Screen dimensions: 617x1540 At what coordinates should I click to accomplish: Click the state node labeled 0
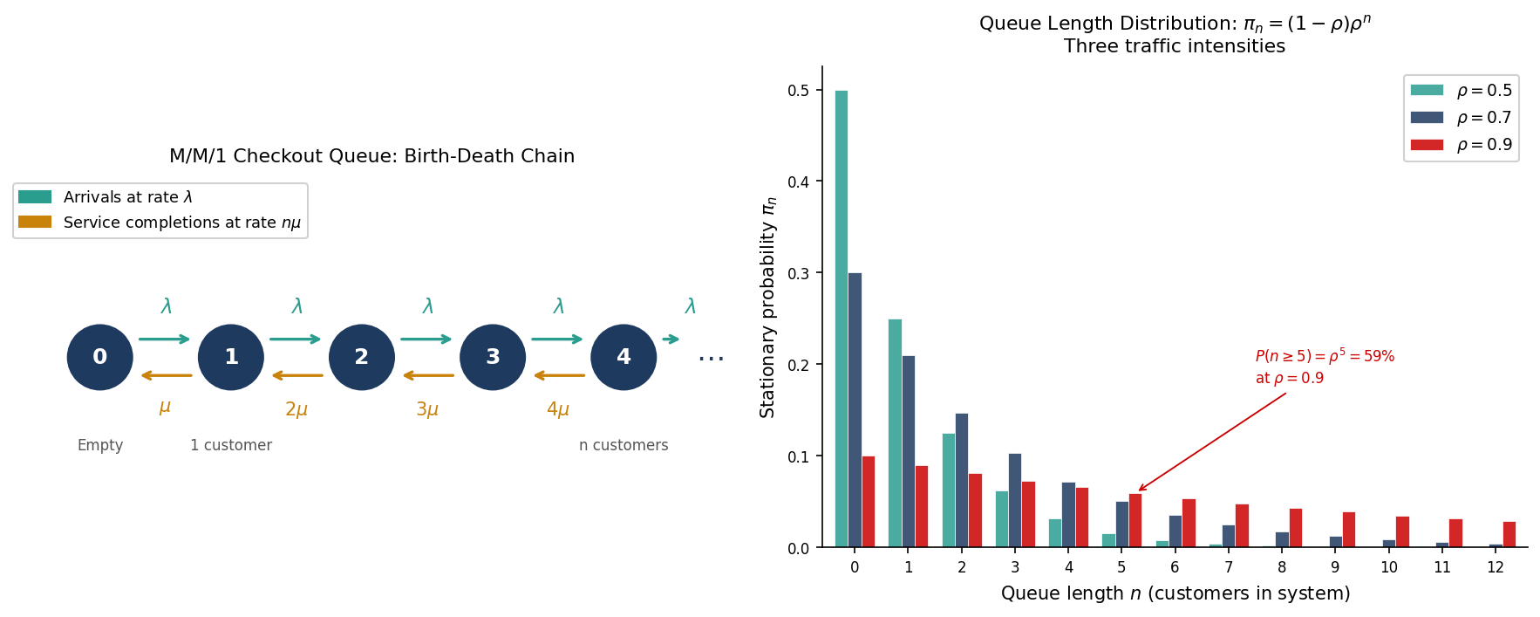tap(100, 357)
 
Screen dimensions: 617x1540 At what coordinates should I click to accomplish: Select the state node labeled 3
tap(493, 357)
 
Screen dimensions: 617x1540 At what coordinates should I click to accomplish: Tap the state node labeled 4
tap(623, 357)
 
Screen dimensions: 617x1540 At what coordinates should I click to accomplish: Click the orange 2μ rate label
tap(296, 409)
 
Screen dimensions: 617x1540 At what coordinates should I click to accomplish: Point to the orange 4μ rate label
tap(558, 409)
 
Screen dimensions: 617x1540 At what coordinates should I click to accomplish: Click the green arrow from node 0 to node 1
tap(165, 339)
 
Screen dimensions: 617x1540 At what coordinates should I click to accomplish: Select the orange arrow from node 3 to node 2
tap(428, 376)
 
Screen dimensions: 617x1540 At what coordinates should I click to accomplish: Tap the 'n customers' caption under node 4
tap(623, 445)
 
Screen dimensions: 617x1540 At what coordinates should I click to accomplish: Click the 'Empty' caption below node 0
tap(100, 445)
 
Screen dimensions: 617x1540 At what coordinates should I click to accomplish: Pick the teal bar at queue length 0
tap(842, 319)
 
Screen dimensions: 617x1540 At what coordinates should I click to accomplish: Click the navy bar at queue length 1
tap(909, 451)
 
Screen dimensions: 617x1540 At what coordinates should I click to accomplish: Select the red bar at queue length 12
tap(1509, 534)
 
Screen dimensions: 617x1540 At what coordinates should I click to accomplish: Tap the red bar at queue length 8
tap(1296, 528)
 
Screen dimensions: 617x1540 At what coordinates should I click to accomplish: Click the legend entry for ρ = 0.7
tap(1462, 118)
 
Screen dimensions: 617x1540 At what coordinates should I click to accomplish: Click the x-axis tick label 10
tap(1388, 567)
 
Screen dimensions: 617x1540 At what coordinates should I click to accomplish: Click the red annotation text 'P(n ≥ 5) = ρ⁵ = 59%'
tap(1325, 356)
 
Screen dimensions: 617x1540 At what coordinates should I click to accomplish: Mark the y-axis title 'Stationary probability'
tap(767, 307)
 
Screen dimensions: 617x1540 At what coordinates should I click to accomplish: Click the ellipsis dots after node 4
tap(711, 358)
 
